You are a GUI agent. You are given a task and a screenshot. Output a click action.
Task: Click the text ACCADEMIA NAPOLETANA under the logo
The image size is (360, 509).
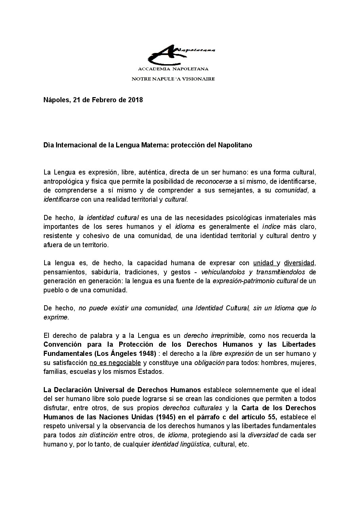click(173, 69)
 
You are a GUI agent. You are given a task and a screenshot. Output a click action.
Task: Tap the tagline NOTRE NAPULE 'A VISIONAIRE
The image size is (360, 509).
click(173, 79)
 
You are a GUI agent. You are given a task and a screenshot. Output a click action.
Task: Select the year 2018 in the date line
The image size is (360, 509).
click(136, 100)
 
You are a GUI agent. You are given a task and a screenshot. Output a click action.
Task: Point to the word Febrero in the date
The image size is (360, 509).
click(98, 100)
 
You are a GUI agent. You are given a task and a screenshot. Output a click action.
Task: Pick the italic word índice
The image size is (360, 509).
click(271, 226)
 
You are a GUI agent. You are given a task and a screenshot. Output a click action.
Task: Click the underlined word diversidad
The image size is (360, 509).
click(299, 263)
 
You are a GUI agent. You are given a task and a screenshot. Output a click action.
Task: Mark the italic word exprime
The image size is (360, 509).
click(56, 317)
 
